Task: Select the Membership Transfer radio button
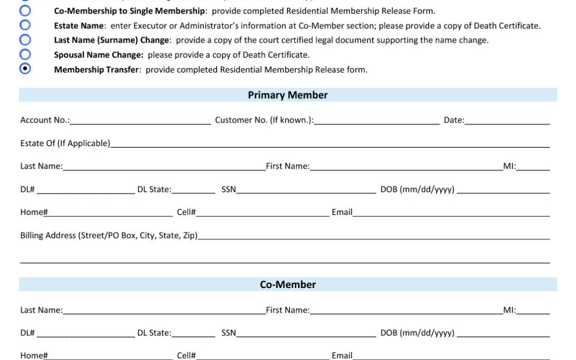coord(25,68)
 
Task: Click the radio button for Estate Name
coord(25,25)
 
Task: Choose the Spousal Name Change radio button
coord(25,54)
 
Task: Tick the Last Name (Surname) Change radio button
coord(25,39)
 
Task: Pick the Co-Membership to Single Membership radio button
coord(25,11)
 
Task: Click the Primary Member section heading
coord(287,95)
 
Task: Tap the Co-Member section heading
coord(287,284)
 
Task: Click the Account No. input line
coord(140,121)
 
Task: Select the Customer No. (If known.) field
coord(377,121)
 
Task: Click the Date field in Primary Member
coord(507,121)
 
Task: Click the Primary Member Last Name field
coord(164,166)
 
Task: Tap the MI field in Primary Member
coord(533,166)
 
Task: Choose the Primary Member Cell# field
coord(262,212)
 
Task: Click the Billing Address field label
coord(109,236)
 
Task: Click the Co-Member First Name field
coord(406,310)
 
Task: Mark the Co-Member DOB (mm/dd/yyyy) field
coord(503,333)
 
